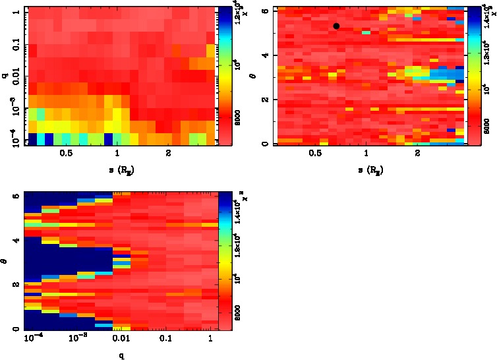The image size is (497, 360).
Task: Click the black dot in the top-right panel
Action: pos(336,26)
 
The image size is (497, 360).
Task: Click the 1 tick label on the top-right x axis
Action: pos(366,154)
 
